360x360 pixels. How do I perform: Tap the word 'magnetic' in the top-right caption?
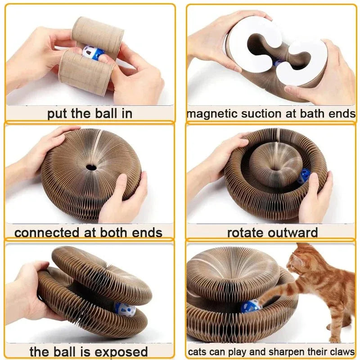211,113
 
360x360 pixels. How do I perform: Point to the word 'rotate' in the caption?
246,233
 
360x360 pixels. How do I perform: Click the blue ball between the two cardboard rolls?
92,53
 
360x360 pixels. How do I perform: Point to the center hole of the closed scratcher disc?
92,167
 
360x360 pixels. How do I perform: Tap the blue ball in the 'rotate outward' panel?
305,174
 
